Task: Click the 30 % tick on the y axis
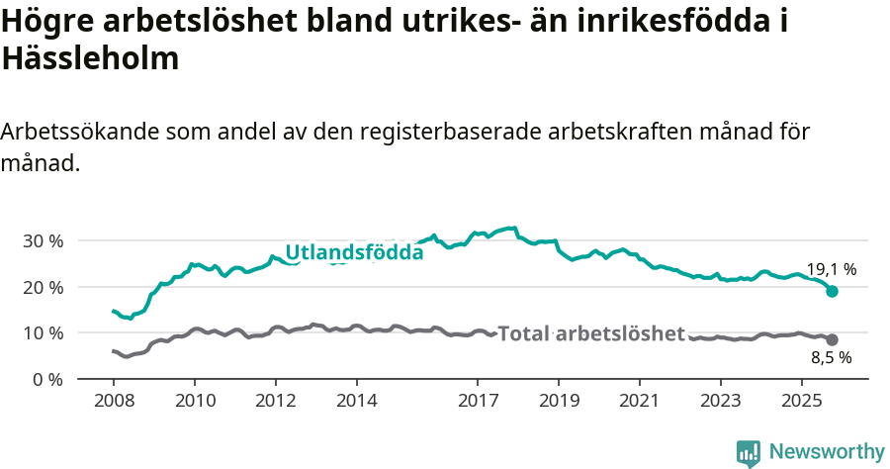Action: (43, 240)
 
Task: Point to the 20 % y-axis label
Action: (43, 287)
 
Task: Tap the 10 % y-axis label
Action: (43, 332)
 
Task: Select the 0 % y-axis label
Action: (47, 379)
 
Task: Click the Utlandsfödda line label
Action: (354, 253)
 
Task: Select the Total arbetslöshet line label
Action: (591, 333)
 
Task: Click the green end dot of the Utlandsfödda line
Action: (833, 291)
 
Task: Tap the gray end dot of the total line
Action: (833, 339)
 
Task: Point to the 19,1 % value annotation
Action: (831, 269)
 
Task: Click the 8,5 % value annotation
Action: (831, 359)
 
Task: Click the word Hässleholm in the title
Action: (90, 58)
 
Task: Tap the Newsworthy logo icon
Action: (749, 452)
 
